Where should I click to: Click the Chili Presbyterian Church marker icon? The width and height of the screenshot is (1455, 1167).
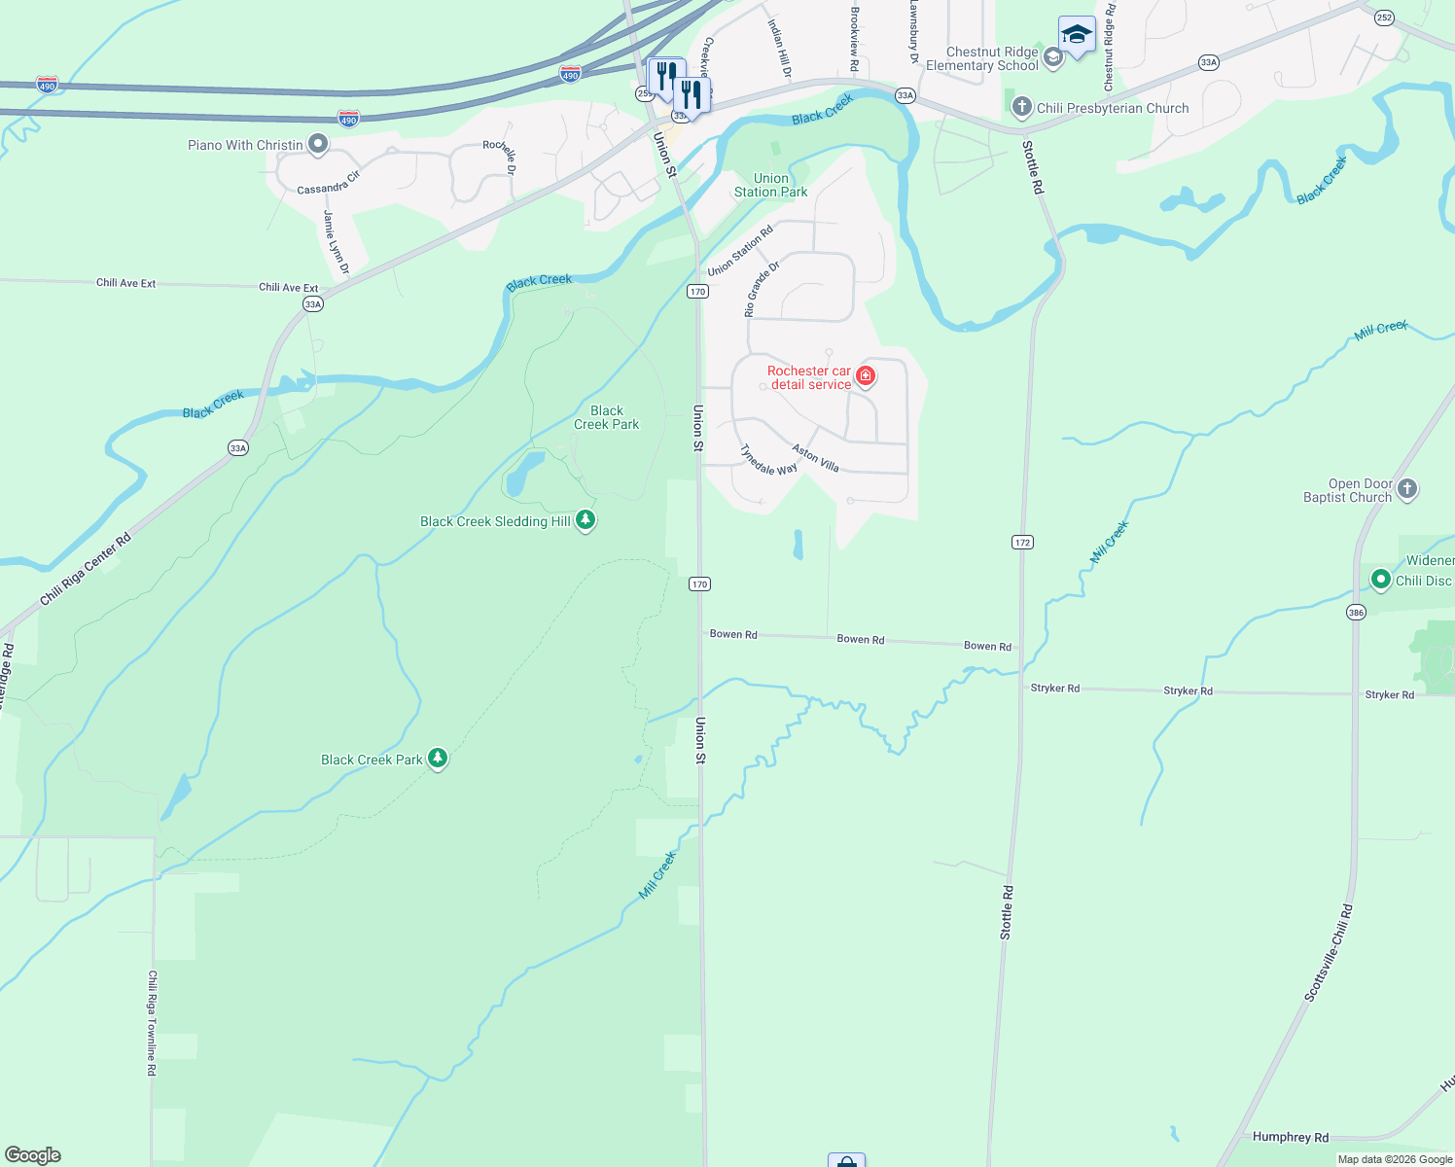1021,107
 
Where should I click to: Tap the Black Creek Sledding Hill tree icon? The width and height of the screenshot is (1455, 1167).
585,520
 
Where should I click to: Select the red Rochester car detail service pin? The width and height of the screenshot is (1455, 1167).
865,376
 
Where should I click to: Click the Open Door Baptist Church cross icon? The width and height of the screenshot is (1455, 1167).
1406,489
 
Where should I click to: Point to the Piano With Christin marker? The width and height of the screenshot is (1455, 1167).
317,145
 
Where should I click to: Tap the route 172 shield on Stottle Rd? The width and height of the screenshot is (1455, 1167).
1022,542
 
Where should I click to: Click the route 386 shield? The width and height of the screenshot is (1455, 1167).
1356,612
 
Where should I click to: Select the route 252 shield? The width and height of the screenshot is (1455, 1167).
1384,18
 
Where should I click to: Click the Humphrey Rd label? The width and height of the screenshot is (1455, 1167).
1290,1137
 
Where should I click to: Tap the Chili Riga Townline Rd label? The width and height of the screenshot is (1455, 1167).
152,1022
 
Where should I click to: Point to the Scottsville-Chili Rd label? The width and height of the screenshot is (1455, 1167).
1328,953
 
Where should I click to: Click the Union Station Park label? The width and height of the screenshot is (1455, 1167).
770,185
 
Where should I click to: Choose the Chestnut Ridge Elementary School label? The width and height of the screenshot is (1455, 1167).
982,59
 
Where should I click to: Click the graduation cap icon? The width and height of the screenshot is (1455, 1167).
1077,36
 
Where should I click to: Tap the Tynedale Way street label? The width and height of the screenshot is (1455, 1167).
767,460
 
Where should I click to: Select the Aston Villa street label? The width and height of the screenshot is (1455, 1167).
815,458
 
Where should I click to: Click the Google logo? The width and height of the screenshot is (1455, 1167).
32,1154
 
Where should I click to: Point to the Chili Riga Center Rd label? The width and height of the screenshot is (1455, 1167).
85,570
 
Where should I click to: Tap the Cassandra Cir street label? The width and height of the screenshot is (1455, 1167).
328,183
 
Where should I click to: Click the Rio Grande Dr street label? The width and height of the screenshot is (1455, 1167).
762,289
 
